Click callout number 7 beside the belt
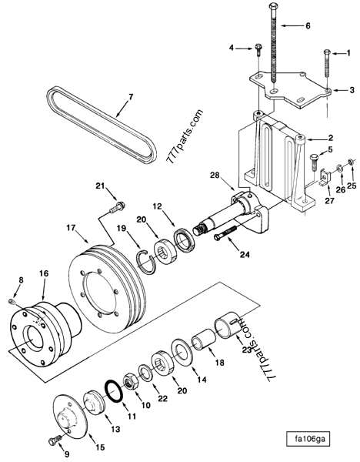[130, 97]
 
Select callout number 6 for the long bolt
[308, 25]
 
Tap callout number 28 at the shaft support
[215, 176]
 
